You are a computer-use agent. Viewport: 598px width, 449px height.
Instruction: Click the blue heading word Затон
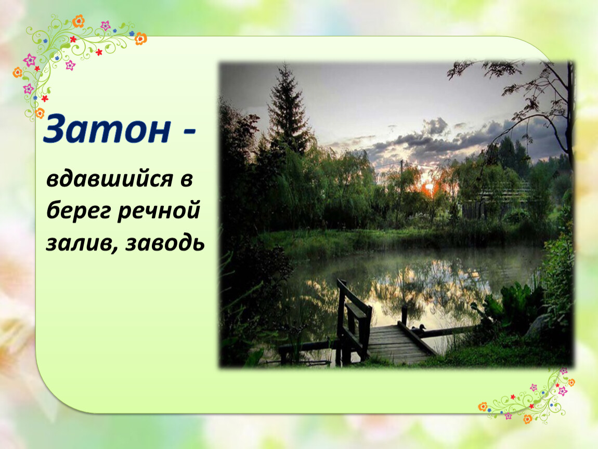click(107, 128)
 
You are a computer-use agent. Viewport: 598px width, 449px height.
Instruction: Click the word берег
click(78, 210)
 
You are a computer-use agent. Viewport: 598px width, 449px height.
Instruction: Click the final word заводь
click(165, 242)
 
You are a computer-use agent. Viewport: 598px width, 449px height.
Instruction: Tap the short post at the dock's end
click(404, 315)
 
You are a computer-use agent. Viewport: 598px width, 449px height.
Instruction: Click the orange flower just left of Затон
click(40, 113)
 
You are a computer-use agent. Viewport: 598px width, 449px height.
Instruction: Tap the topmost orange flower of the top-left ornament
click(78, 21)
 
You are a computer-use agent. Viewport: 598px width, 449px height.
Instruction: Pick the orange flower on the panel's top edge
click(140, 38)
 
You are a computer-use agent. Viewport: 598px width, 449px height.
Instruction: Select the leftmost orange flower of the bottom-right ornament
click(483, 407)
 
